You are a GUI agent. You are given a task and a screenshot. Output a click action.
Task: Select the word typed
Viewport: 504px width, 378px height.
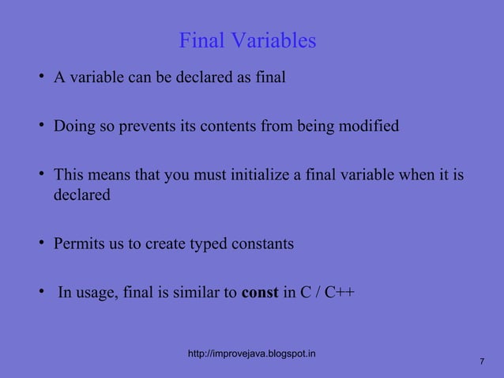208,244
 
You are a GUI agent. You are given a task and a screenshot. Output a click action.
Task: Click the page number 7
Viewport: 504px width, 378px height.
481,361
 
